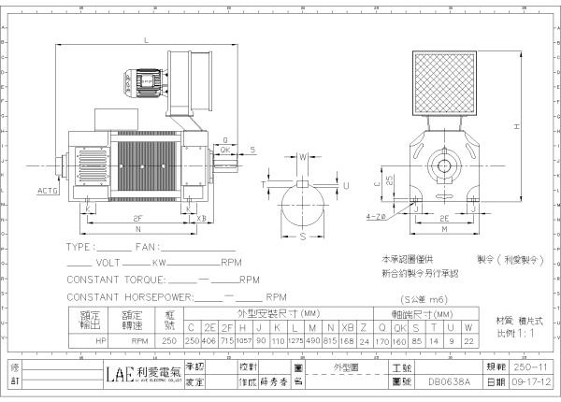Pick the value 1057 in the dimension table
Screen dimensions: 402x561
[246, 342]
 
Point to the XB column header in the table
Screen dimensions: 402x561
[348, 328]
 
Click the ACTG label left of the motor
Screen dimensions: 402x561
[48, 190]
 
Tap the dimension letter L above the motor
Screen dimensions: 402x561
[147, 40]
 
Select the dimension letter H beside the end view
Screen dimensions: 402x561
[517, 126]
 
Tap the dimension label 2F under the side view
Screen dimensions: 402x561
[137, 218]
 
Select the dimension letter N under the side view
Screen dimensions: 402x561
[137, 230]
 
